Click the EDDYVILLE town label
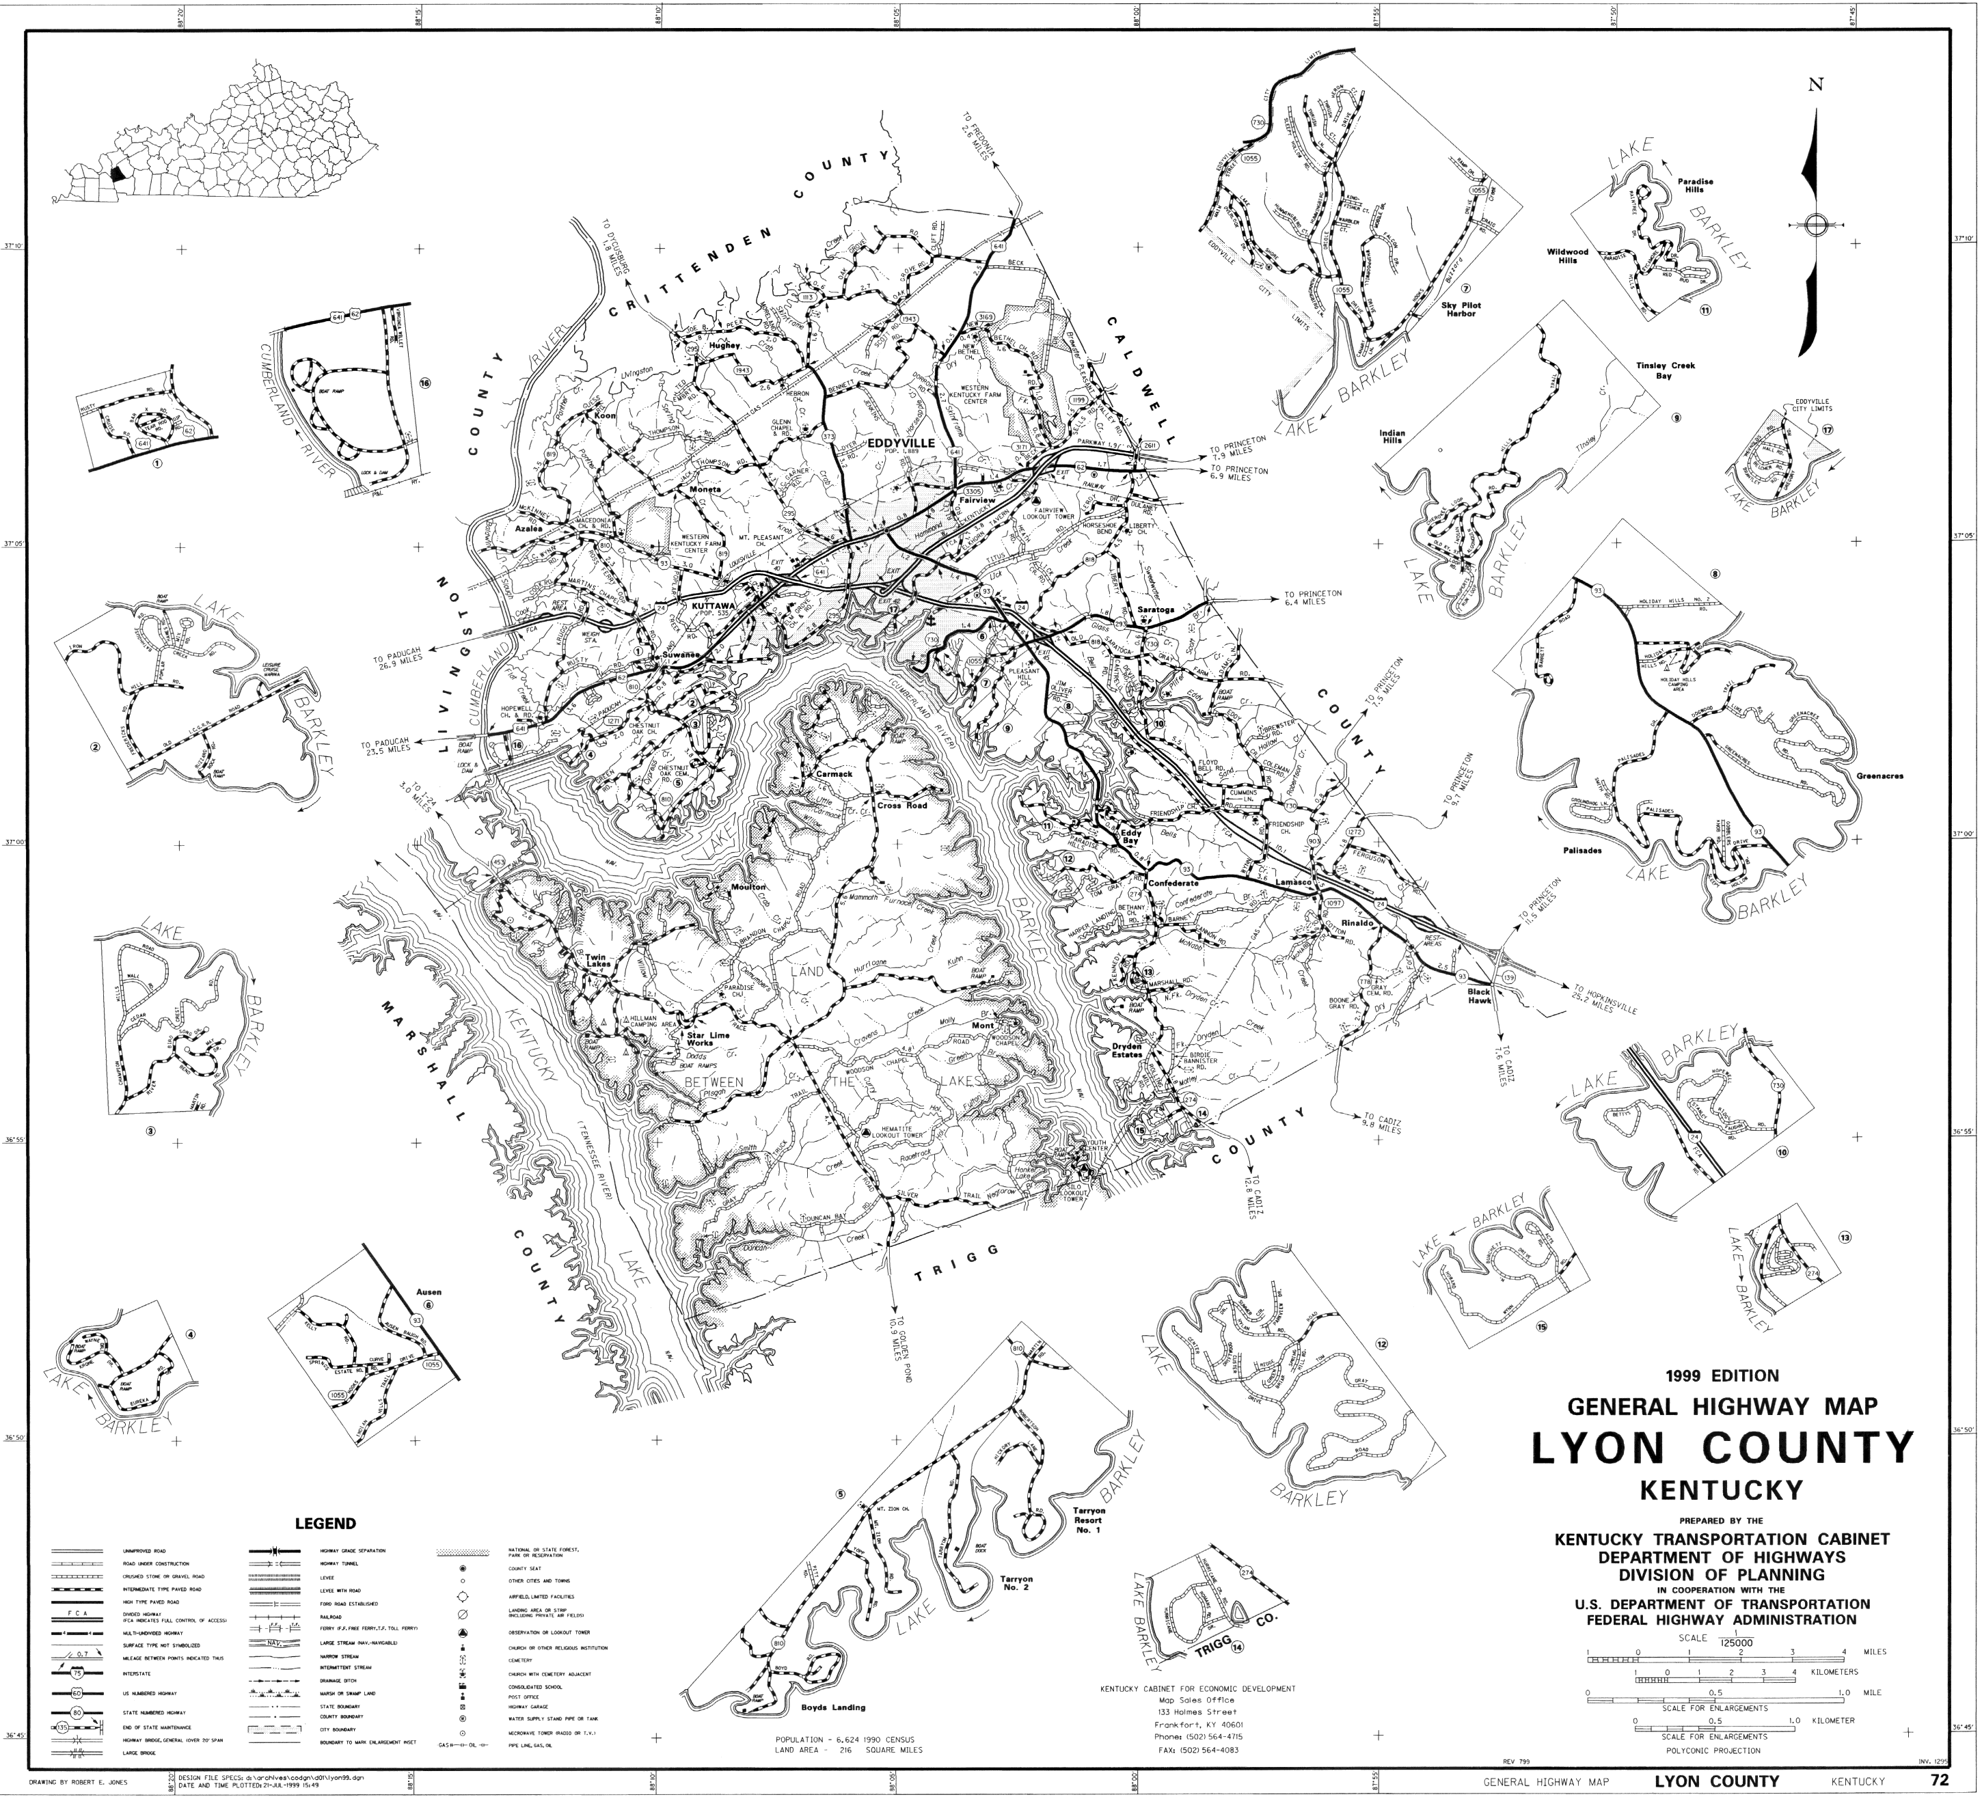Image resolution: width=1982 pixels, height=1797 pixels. (901, 443)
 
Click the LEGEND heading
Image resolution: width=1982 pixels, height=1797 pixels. (325, 1524)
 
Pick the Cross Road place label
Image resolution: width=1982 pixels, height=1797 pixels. (903, 805)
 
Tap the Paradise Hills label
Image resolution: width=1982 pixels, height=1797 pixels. (1696, 186)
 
